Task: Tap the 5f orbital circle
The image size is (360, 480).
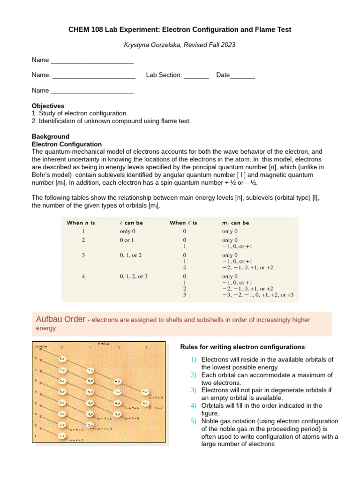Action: pos(146,392)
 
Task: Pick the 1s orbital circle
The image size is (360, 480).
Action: pos(62,435)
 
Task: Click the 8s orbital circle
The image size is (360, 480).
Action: pos(62,359)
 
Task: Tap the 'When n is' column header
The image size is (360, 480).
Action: pos(81,223)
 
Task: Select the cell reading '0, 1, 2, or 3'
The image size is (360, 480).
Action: pos(134,277)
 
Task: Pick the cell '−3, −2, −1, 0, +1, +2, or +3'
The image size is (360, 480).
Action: pos(258,295)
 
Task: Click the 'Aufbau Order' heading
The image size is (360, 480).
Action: pos(60,319)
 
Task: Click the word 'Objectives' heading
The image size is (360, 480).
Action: pos(48,106)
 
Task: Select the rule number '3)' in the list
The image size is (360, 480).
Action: pos(194,390)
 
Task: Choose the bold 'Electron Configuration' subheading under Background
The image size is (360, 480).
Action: pos(67,144)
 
